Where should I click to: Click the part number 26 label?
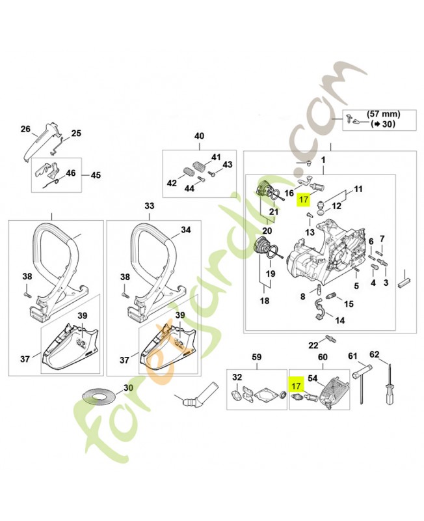[x=25, y=129]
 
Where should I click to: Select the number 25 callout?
[x=76, y=134]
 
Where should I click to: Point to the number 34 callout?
[x=185, y=230]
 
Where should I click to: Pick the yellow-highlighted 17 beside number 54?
[x=296, y=386]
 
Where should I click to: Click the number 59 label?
[x=256, y=357]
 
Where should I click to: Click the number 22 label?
[x=313, y=345]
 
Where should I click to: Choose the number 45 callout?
[x=96, y=175]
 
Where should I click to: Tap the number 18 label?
[x=265, y=301]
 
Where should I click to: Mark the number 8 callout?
[x=302, y=296]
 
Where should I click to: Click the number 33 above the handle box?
[x=150, y=206]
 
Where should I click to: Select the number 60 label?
[x=321, y=357]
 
